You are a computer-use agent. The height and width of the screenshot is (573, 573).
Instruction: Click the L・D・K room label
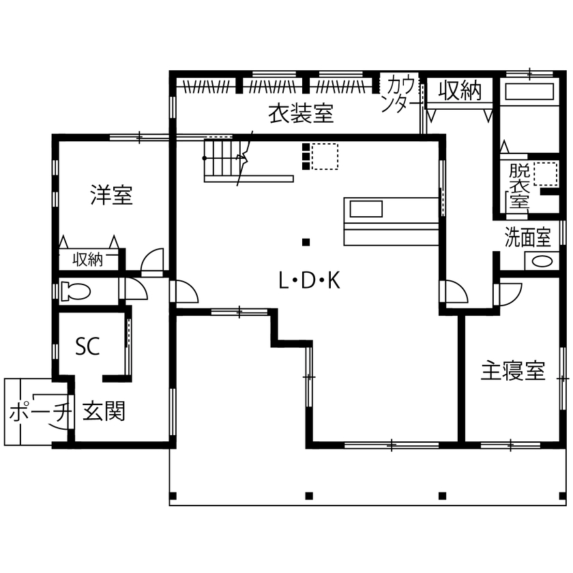[309, 280]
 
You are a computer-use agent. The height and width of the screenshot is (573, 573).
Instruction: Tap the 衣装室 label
[300, 114]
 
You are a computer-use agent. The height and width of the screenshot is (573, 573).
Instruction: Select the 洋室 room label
[111, 196]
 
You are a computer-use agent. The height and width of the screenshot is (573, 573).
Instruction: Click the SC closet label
[87, 347]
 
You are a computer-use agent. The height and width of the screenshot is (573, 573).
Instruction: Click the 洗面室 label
[527, 237]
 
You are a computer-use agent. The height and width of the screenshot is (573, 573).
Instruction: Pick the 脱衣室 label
[518, 186]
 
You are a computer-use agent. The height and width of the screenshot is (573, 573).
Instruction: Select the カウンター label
[400, 94]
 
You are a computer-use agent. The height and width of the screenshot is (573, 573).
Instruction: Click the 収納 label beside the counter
[460, 90]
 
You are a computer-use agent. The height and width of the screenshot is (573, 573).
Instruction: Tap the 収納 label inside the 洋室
[88, 260]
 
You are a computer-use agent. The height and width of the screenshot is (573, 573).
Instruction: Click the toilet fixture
[75, 291]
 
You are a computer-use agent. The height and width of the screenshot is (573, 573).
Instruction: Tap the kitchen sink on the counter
[367, 208]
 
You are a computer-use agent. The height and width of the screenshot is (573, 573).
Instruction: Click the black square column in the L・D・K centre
[306, 241]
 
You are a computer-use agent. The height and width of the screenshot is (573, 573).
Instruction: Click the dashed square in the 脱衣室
[546, 174]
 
